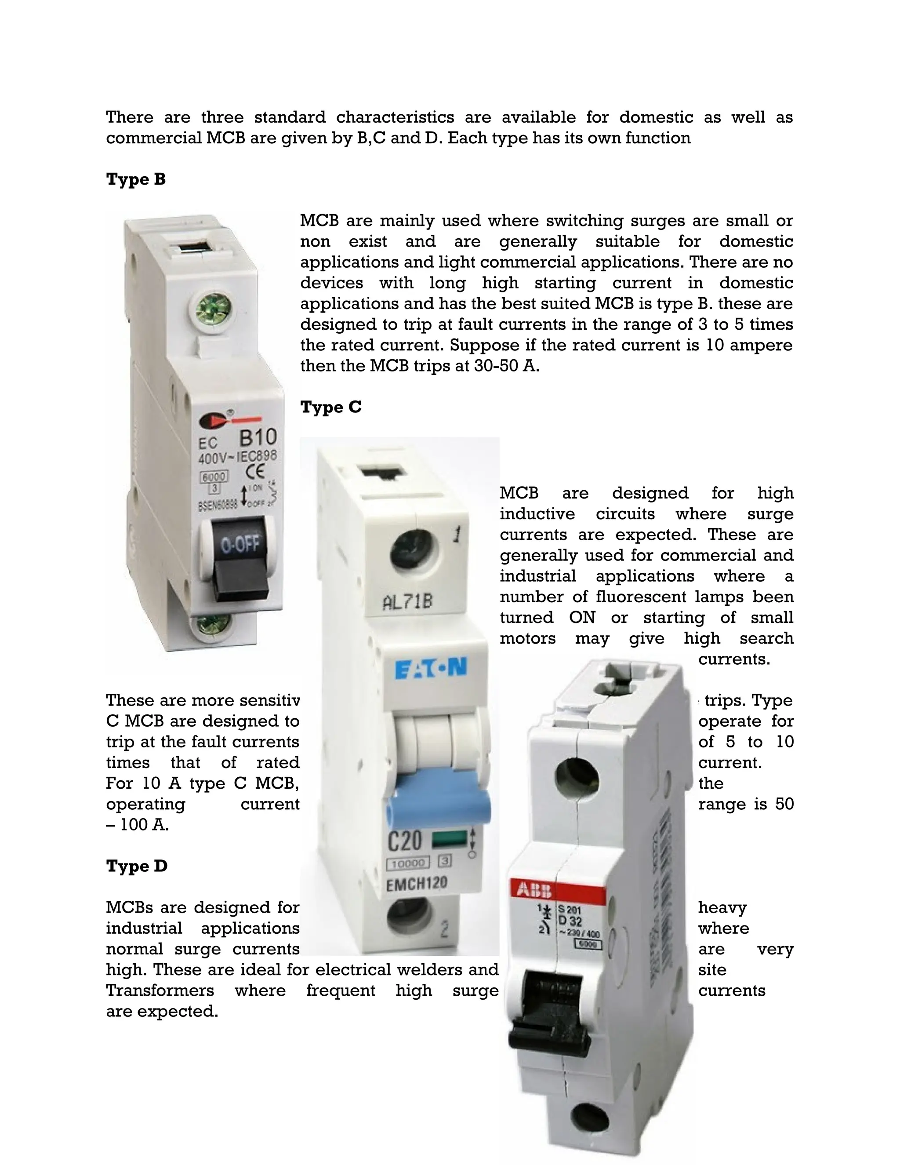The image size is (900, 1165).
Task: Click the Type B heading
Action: click(x=135, y=179)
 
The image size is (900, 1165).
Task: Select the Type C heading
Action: click(x=330, y=407)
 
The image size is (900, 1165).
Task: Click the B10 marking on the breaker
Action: click(x=258, y=438)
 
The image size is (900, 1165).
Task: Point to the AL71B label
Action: click(x=407, y=603)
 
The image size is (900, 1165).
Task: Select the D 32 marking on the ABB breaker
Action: click(x=570, y=921)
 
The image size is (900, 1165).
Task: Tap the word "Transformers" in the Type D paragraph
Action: click(x=160, y=990)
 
